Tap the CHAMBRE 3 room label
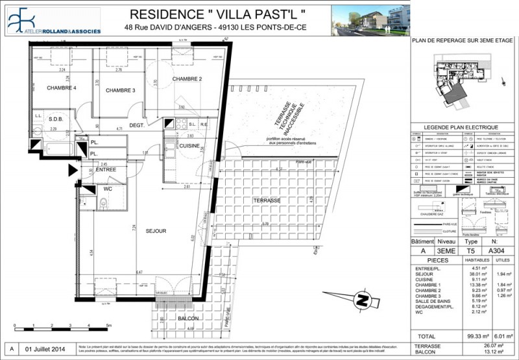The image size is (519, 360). point(120,90)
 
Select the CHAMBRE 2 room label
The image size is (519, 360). point(187,79)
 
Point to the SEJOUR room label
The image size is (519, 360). point(156,231)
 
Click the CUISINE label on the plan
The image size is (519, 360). point(189,146)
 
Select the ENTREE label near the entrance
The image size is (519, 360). point(106,169)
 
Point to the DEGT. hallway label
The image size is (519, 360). point(136,125)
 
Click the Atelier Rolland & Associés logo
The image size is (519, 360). point(53,21)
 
